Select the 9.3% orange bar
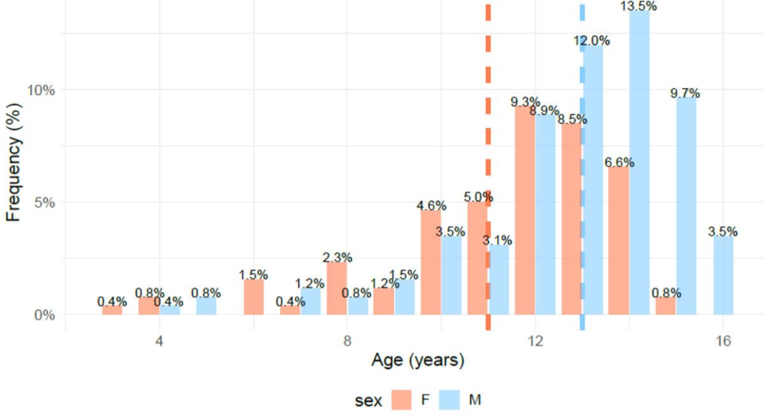coord(525,210)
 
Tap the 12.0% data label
coord(592,41)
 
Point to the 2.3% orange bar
coord(337,289)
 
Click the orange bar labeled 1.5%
coord(253,297)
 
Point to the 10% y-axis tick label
coord(41,90)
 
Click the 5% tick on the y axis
coord(45,202)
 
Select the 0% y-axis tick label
coord(45,315)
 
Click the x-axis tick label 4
coord(159,340)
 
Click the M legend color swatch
coord(451,400)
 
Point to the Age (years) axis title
coord(418,361)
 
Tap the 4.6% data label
coord(432,206)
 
